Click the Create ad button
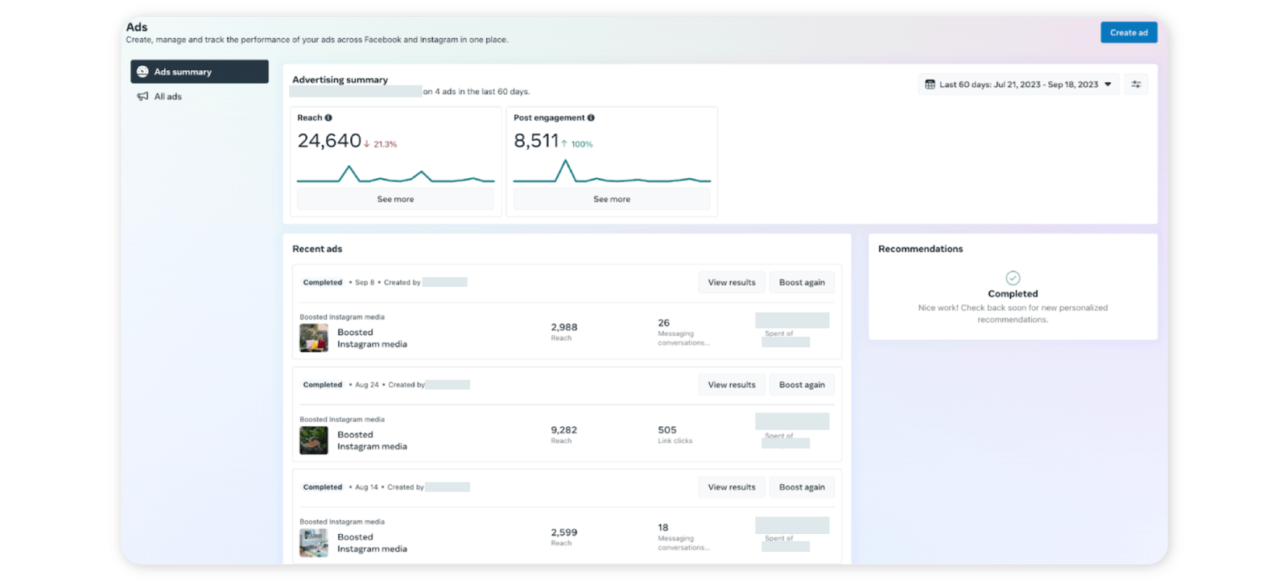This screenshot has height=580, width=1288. [x=1129, y=32]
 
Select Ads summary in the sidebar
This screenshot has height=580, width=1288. [x=200, y=72]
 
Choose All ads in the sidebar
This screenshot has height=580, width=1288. [x=167, y=97]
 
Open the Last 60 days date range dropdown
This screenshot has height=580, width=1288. [x=1018, y=85]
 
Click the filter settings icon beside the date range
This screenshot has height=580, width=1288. [x=1136, y=85]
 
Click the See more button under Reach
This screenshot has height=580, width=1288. [x=395, y=199]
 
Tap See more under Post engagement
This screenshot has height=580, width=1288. [x=612, y=199]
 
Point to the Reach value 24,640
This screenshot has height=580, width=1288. [x=329, y=141]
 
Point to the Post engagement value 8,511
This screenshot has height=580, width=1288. [x=536, y=141]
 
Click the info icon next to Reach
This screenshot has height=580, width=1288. [x=328, y=118]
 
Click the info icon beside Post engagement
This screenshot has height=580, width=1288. [x=591, y=118]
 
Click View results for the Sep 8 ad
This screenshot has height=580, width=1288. [x=731, y=283]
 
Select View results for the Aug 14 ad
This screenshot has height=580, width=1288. [x=731, y=487]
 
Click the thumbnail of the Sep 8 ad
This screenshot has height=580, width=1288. [x=314, y=338]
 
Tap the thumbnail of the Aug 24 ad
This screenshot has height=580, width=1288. [x=314, y=441]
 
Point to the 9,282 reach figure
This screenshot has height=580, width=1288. [x=563, y=430]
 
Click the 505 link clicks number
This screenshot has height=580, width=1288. [x=667, y=430]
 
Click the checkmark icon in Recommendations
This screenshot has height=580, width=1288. [x=1013, y=278]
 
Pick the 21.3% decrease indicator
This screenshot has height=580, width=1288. [x=381, y=144]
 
